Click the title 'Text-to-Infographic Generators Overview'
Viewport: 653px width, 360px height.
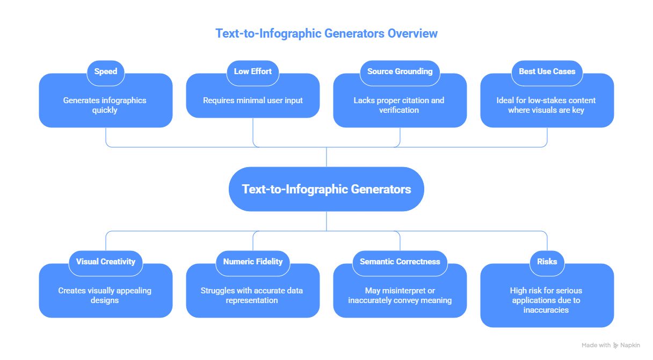point(327,33)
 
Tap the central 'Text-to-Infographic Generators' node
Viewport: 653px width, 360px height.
point(327,189)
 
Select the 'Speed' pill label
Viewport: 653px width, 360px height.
point(106,71)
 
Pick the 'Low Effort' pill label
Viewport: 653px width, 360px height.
point(253,71)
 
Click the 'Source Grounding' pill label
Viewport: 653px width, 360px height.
point(400,71)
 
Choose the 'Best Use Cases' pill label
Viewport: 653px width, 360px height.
point(547,71)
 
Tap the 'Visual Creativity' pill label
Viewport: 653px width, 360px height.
point(106,262)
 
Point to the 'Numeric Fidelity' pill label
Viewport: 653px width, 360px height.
point(253,262)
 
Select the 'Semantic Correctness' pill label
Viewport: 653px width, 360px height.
point(400,262)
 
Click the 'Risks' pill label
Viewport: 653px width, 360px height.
point(547,262)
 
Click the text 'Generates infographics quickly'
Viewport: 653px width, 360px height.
point(105,105)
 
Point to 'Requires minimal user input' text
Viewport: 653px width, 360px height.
point(253,100)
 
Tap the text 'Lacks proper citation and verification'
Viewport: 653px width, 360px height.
point(399,105)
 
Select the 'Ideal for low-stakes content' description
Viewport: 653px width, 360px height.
point(546,105)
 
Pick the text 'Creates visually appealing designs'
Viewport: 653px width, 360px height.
point(105,295)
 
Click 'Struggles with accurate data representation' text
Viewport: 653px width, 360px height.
point(252,295)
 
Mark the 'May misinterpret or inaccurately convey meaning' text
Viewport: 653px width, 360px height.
point(399,295)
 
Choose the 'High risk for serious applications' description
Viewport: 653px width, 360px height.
point(546,300)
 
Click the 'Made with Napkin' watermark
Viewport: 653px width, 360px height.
point(611,345)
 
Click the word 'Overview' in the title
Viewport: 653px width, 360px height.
point(412,33)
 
